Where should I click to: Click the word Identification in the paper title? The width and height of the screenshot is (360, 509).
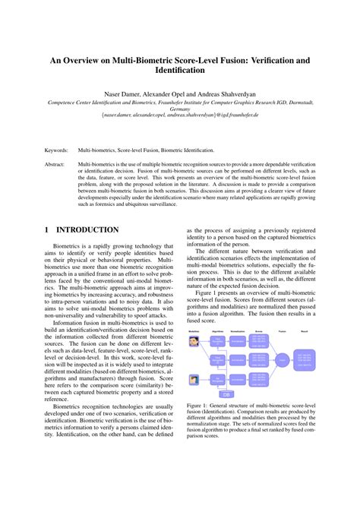[x=179, y=70]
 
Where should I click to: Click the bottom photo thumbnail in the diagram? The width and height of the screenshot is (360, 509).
[x=194, y=380]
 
